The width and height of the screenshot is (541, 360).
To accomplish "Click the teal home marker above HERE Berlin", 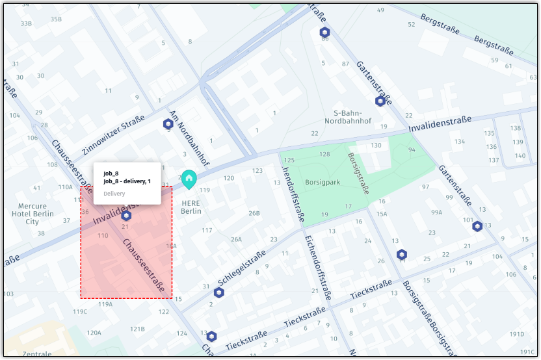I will point(189,179).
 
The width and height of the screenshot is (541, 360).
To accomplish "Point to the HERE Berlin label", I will point(191,207).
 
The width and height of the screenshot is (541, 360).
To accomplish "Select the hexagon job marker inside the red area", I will point(126,215).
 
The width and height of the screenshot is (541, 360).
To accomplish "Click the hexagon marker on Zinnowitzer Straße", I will point(168,123).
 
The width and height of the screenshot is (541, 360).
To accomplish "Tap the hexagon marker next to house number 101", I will point(477,226).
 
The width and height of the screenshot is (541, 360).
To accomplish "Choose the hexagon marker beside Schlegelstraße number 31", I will point(219,292).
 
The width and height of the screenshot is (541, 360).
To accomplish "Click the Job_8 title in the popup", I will point(111,173).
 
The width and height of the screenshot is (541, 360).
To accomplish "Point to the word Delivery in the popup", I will point(114,194).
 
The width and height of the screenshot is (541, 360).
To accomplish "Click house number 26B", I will point(254,213).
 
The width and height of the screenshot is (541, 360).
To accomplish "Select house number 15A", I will point(382,214).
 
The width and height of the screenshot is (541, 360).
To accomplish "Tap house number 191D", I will point(517,334).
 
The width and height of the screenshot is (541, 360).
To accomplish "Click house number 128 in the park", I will point(324,154).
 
